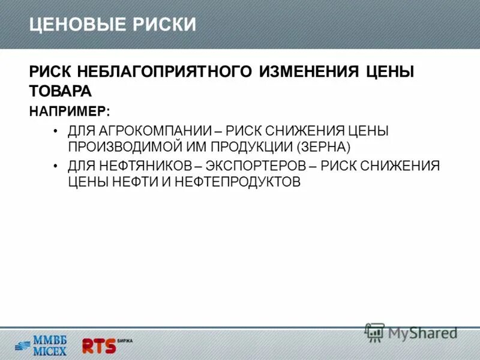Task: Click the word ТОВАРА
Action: pyautogui.click(x=60, y=91)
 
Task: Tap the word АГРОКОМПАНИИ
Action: pyautogui.click(x=149, y=131)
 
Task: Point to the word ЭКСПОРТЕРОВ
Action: pyautogui.click(x=254, y=166)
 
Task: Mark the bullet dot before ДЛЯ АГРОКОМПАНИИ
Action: pyautogui.click(x=55, y=131)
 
